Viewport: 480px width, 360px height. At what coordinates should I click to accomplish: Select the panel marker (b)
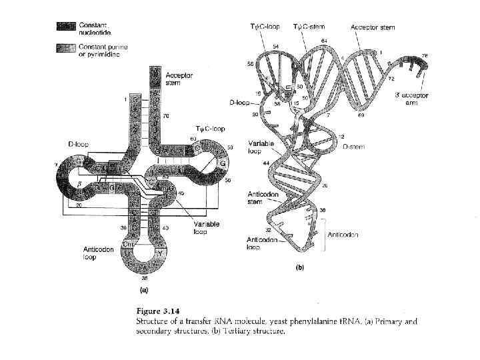301,267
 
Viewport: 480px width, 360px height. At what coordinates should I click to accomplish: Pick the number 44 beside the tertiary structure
265,163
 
